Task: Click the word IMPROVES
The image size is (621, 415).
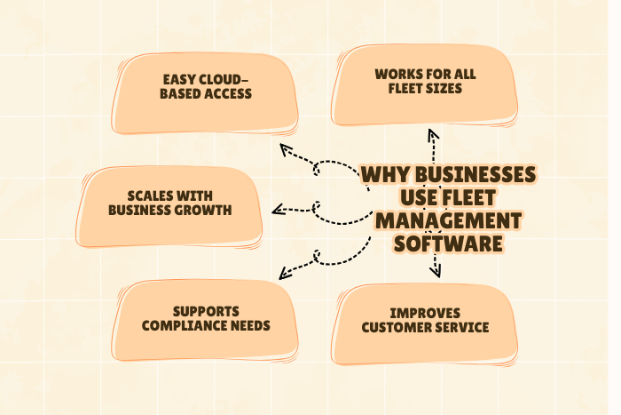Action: coord(424,313)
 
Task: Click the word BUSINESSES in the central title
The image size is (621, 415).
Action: coord(475,173)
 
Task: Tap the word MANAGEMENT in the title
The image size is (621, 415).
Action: coord(446,219)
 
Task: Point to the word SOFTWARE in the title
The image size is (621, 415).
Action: coord(449,243)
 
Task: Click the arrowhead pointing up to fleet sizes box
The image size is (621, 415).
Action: coord(433,136)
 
